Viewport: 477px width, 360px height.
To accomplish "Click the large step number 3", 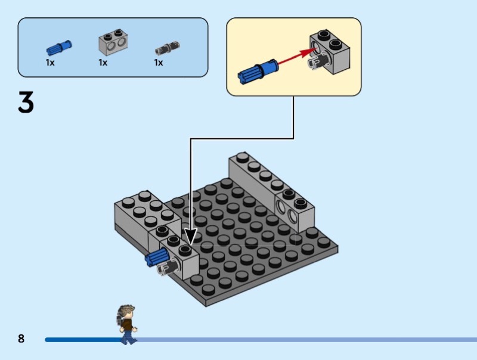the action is (x=26, y=102).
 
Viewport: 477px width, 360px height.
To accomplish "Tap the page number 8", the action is (x=21, y=339).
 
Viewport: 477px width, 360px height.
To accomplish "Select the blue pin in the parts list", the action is (x=59, y=48).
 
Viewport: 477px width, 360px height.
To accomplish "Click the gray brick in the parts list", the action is (x=113, y=42).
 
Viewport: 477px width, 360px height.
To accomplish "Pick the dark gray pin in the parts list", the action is (x=167, y=48).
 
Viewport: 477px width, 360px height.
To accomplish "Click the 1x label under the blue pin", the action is (x=50, y=63).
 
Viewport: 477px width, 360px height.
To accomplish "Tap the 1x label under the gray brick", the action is (x=103, y=63).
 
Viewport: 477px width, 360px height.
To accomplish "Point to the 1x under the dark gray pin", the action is (x=159, y=63).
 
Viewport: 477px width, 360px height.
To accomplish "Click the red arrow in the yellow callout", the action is (x=296, y=57).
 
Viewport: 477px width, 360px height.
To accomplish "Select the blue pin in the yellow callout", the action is (x=258, y=71).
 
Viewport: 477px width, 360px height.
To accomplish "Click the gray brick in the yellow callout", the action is (x=330, y=52).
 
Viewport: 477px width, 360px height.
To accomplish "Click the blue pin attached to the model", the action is (x=157, y=257).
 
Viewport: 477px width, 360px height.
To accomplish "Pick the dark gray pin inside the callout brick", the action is (x=317, y=61).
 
